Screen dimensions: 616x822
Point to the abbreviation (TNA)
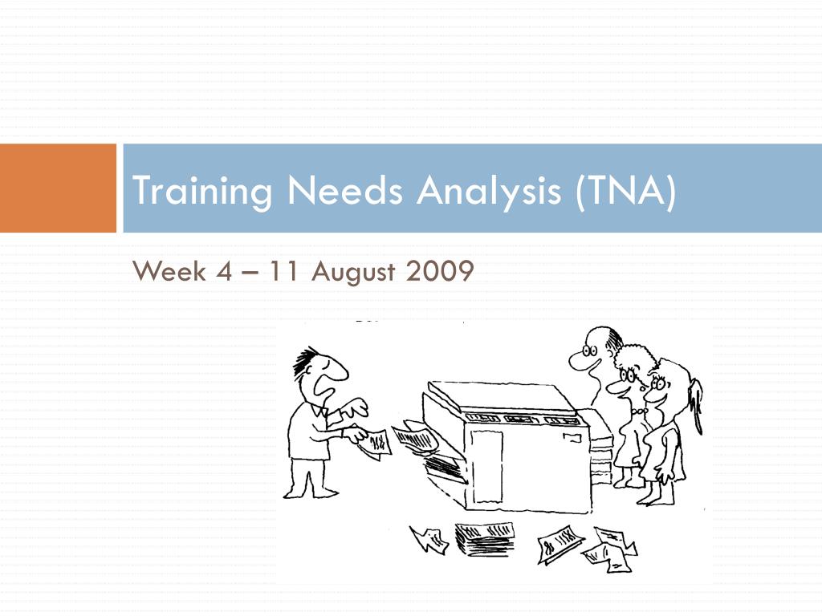[x=625, y=191]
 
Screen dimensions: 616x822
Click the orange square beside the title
[x=58, y=188]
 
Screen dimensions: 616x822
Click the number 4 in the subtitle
[x=223, y=273]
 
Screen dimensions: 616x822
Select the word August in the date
[x=353, y=274]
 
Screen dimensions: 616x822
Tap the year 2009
[x=440, y=273]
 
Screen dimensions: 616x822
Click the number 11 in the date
[x=280, y=273]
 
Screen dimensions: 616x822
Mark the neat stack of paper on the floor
[x=485, y=539]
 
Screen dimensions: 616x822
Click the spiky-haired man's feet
[x=309, y=491]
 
